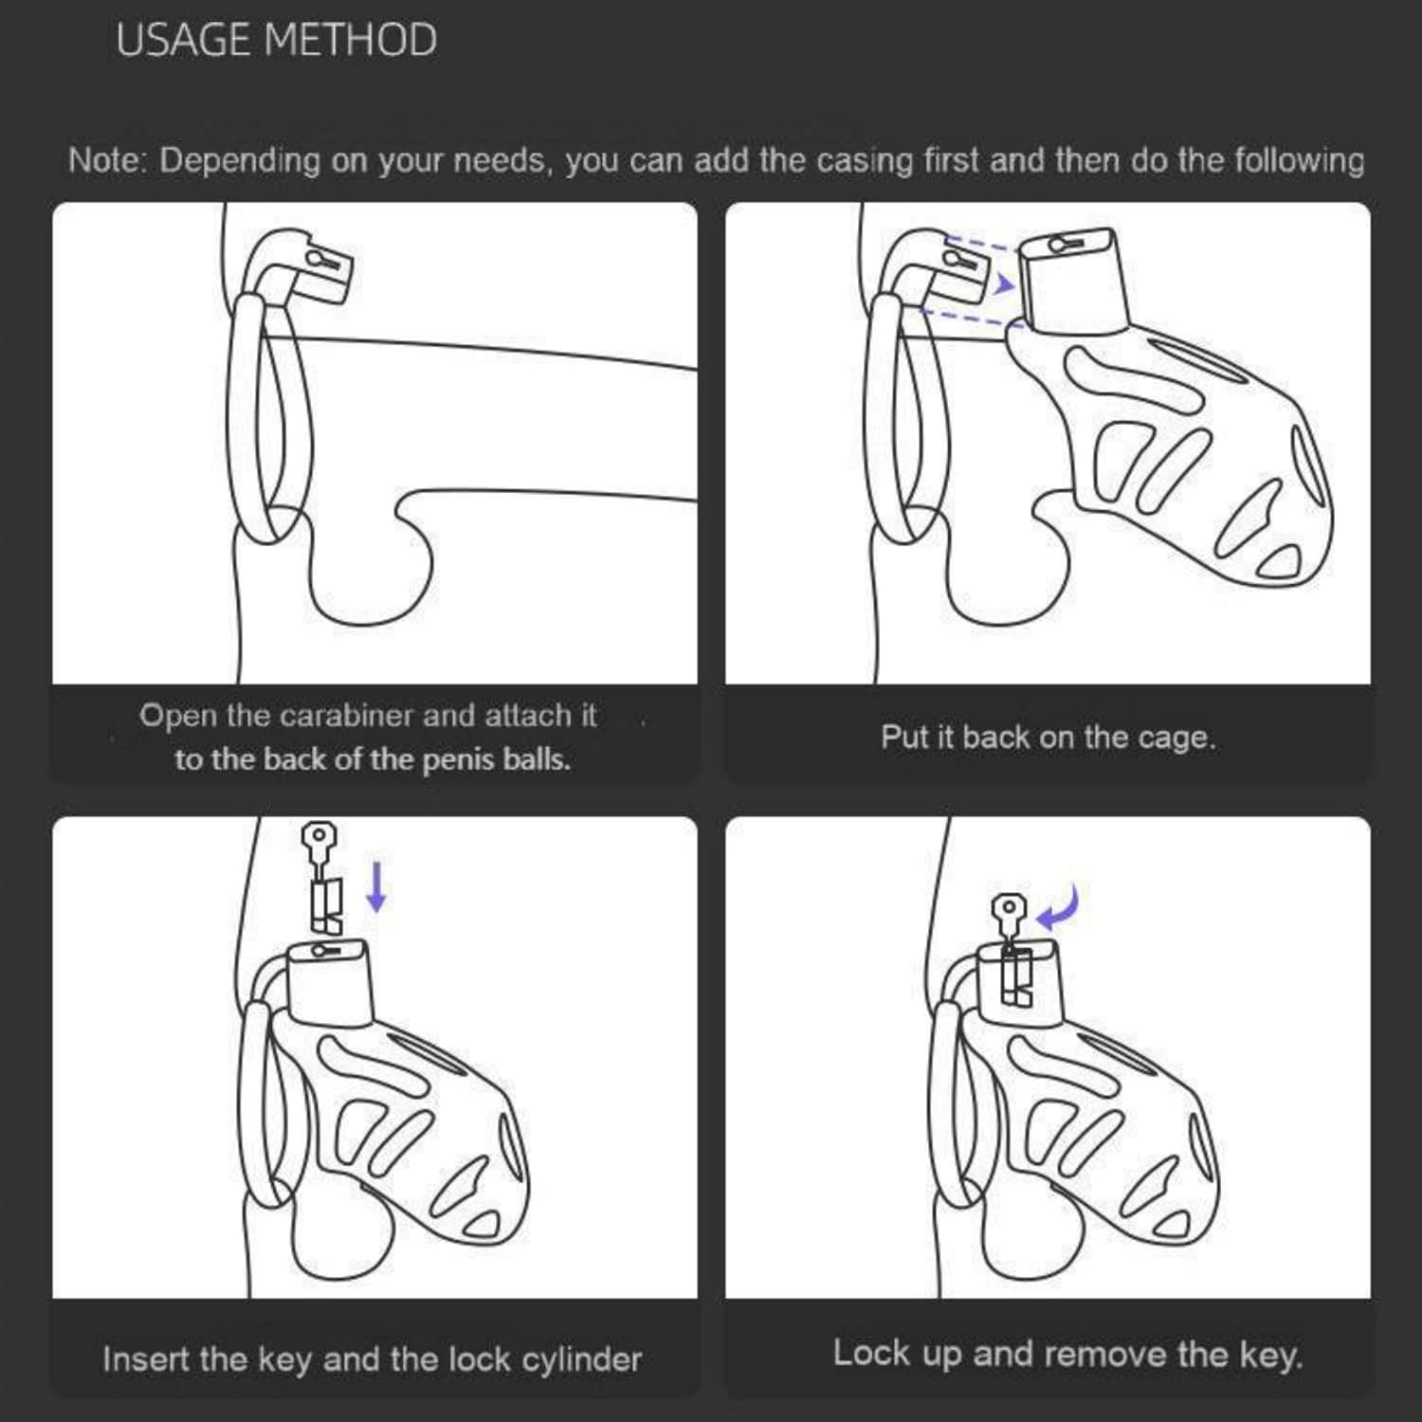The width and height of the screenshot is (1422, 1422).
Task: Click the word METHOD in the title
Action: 351,41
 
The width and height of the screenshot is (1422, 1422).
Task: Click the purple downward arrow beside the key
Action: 376,885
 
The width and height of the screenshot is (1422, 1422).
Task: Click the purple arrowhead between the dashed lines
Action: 1005,283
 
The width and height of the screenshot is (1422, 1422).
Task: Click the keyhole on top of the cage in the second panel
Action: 1067,245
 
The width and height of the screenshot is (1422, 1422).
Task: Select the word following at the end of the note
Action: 1299,160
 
